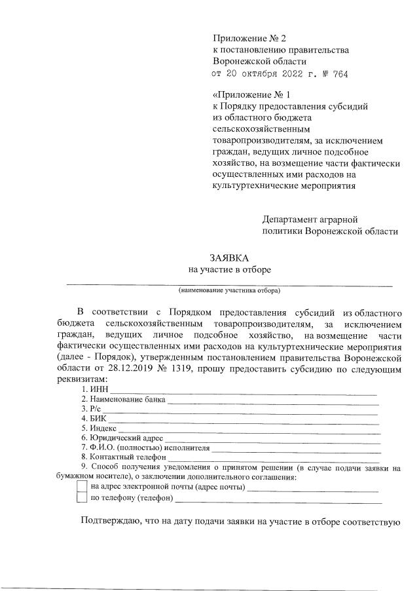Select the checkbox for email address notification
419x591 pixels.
(x=82, y=486)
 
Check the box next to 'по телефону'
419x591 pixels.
(x=82, y=498)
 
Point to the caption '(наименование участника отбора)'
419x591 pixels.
(x=229, y=290)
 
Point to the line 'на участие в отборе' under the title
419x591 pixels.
(x=229, y=269)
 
